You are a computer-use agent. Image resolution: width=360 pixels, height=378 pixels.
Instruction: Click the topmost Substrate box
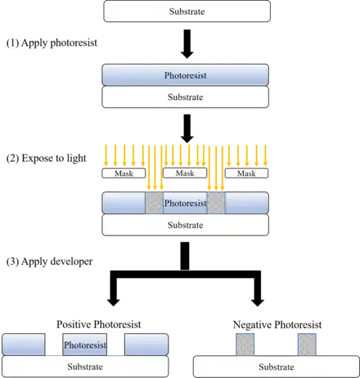point(187,11)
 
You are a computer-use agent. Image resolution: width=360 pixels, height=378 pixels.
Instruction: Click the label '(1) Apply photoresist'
point(52,43)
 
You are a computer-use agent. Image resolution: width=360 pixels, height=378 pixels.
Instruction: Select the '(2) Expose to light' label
point(46,158)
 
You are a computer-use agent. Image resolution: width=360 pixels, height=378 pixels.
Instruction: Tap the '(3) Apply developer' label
point(49,261)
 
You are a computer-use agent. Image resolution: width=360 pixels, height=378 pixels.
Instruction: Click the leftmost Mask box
point(124,173)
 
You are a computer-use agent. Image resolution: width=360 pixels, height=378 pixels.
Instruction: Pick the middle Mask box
point(185,173)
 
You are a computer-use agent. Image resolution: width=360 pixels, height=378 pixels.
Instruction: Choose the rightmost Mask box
point(246,173)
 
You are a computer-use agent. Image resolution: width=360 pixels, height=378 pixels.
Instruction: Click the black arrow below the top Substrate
point(187,44)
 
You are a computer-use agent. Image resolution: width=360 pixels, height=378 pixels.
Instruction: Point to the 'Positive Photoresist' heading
point(99,324)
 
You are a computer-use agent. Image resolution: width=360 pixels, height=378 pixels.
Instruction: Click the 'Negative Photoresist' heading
point(277,325)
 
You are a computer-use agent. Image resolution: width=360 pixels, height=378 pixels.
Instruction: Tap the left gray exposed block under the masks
point(154,203)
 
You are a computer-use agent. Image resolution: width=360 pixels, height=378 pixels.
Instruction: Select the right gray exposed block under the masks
point(216,203)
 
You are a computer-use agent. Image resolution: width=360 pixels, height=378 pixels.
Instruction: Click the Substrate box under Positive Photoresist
point(85,367)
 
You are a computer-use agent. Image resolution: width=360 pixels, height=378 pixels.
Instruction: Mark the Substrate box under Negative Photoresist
point(277,367)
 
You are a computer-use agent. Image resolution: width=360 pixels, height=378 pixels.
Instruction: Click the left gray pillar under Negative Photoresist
point(245,344)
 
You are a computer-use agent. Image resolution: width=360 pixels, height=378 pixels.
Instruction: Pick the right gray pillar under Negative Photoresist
point(307,344)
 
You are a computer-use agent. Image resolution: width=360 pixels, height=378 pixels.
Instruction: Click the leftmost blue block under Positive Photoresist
point(24,344)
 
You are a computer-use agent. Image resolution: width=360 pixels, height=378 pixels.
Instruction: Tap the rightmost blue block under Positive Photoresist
point(146,344)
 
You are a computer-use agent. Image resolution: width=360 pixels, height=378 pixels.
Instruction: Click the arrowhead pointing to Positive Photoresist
point(114,302)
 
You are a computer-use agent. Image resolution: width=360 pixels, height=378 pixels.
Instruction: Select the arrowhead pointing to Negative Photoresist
point(257,302)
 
